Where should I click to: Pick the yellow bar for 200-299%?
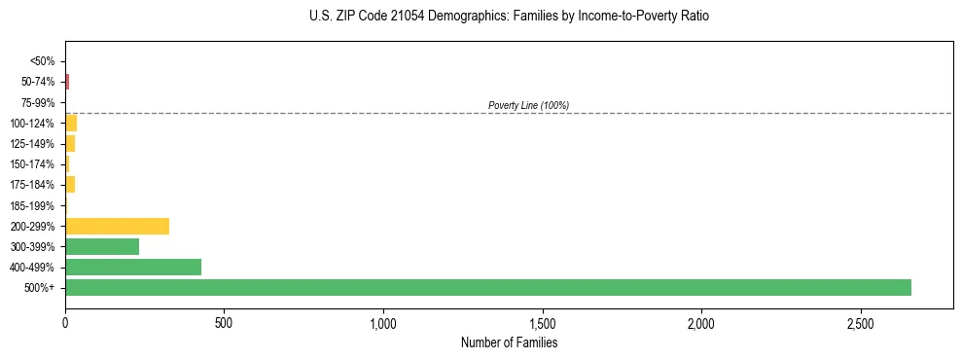(x=117, y=226)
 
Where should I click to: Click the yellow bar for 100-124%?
(x=71, y=123)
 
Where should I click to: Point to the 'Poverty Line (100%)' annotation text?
(x=528, y=105)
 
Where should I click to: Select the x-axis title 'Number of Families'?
(x=509, y=342)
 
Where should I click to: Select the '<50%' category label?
(x=43, y=61)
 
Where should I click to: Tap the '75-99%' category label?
(x=39, y=102)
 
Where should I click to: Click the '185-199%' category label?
(x=34, y=205)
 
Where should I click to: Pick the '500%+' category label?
(x=41, y=288)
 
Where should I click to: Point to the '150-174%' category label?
(x=34, y=164)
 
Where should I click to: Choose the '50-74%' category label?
(x=39, y=82)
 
